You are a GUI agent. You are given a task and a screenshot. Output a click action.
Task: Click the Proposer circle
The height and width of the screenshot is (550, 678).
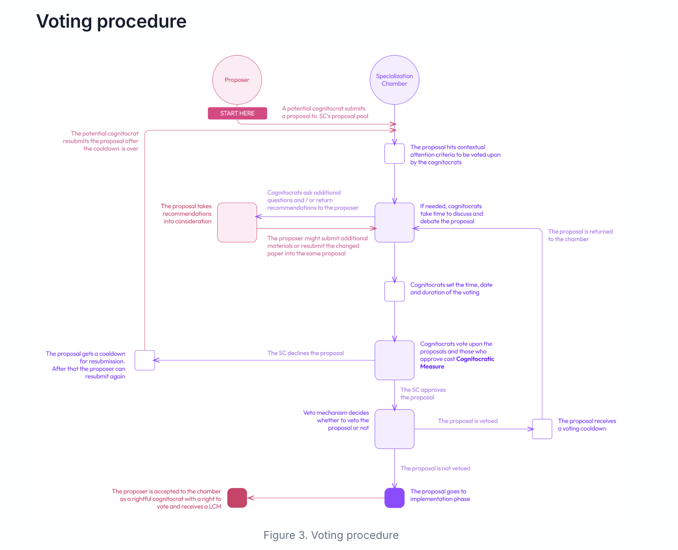tap(237, 79)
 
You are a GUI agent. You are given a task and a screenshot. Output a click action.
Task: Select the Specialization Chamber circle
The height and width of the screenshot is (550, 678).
tap(394, 79)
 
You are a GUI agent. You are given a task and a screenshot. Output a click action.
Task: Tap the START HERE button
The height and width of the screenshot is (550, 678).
tap(237, 113)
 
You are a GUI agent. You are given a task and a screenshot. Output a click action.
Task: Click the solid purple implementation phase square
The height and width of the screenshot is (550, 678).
tap(394, 497)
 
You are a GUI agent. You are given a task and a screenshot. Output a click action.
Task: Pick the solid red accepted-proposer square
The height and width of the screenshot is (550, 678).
tap(237, 497)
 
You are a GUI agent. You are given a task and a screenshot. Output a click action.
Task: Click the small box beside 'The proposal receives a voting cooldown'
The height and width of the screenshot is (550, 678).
tap(542, 429)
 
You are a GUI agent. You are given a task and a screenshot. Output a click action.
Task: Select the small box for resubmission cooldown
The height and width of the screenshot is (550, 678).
tap(145, 360)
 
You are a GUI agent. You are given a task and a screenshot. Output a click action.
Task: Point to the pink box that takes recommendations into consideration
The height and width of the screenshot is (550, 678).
tap(237, 222)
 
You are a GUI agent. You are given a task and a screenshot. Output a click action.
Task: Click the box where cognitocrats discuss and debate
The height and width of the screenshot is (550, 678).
tap(394, 222)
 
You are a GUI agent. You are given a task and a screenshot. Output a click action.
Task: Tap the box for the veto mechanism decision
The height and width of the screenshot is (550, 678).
tap(394, 429)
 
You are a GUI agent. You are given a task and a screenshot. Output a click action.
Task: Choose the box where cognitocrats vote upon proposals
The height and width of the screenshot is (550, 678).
tap(394, 360)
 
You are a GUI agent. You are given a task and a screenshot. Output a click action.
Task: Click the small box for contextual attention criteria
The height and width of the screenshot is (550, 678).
tap(394, 154)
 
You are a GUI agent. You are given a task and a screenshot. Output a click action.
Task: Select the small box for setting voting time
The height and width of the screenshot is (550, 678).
tap(394, 291)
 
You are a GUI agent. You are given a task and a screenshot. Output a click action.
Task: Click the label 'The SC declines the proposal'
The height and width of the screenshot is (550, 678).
tap(305, 353)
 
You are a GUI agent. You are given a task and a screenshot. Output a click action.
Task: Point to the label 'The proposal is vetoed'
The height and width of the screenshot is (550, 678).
tap(467, 421)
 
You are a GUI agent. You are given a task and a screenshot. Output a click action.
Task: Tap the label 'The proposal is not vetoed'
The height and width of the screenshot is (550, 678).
tap(435, 468)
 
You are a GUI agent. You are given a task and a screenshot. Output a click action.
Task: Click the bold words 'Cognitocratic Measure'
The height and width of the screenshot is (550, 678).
tap(457, 363)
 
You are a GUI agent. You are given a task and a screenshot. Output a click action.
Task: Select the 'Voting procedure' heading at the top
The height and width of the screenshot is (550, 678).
tap(111, 21)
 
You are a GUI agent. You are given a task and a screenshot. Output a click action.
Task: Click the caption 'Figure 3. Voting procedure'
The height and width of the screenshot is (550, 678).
tap(331, 535)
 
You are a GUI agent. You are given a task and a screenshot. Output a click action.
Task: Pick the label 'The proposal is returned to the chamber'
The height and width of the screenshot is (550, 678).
tap(580, 235)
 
